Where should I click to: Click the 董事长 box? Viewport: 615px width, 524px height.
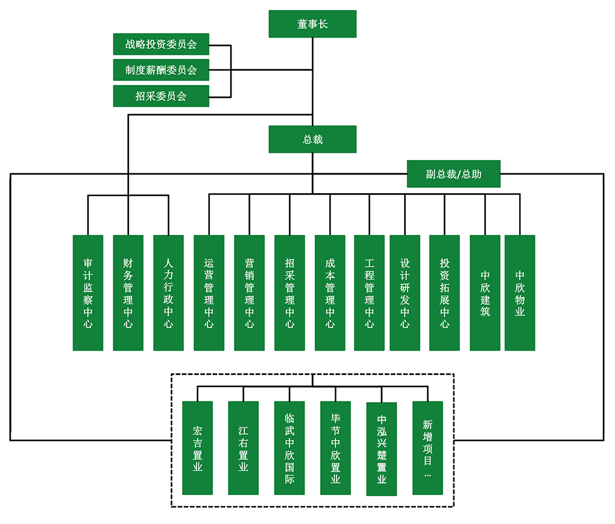click(312, 25)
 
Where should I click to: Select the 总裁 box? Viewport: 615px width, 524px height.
click(312, 139)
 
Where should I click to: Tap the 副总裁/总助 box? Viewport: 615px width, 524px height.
click(453, 174)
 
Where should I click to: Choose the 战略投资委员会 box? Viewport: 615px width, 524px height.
click(161, 44)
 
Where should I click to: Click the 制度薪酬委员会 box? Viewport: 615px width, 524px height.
click(161, 70)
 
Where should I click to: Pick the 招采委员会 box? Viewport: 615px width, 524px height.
click(161, 96)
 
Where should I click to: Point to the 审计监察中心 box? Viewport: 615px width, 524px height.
click(88, 293)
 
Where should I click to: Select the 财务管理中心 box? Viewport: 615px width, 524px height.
click(128, 293)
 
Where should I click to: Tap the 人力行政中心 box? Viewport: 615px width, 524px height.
click(168, 293)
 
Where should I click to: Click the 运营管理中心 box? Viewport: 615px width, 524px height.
click(209, 293)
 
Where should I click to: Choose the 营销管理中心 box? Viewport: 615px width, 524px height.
click(249, 293)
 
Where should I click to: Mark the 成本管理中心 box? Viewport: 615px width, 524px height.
click(330, 293)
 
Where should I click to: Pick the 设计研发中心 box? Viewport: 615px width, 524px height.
click(405, 293)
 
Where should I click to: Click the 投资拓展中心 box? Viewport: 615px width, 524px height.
click(444, 293)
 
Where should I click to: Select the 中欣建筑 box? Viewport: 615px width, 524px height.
click(485, 293)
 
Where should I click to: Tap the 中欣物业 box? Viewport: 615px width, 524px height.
click(520, 293)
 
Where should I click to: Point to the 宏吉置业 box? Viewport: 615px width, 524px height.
click(197, 448)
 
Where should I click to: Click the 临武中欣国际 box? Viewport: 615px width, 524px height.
click(289, 448)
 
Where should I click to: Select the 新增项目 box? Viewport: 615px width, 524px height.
click(427, 448)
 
